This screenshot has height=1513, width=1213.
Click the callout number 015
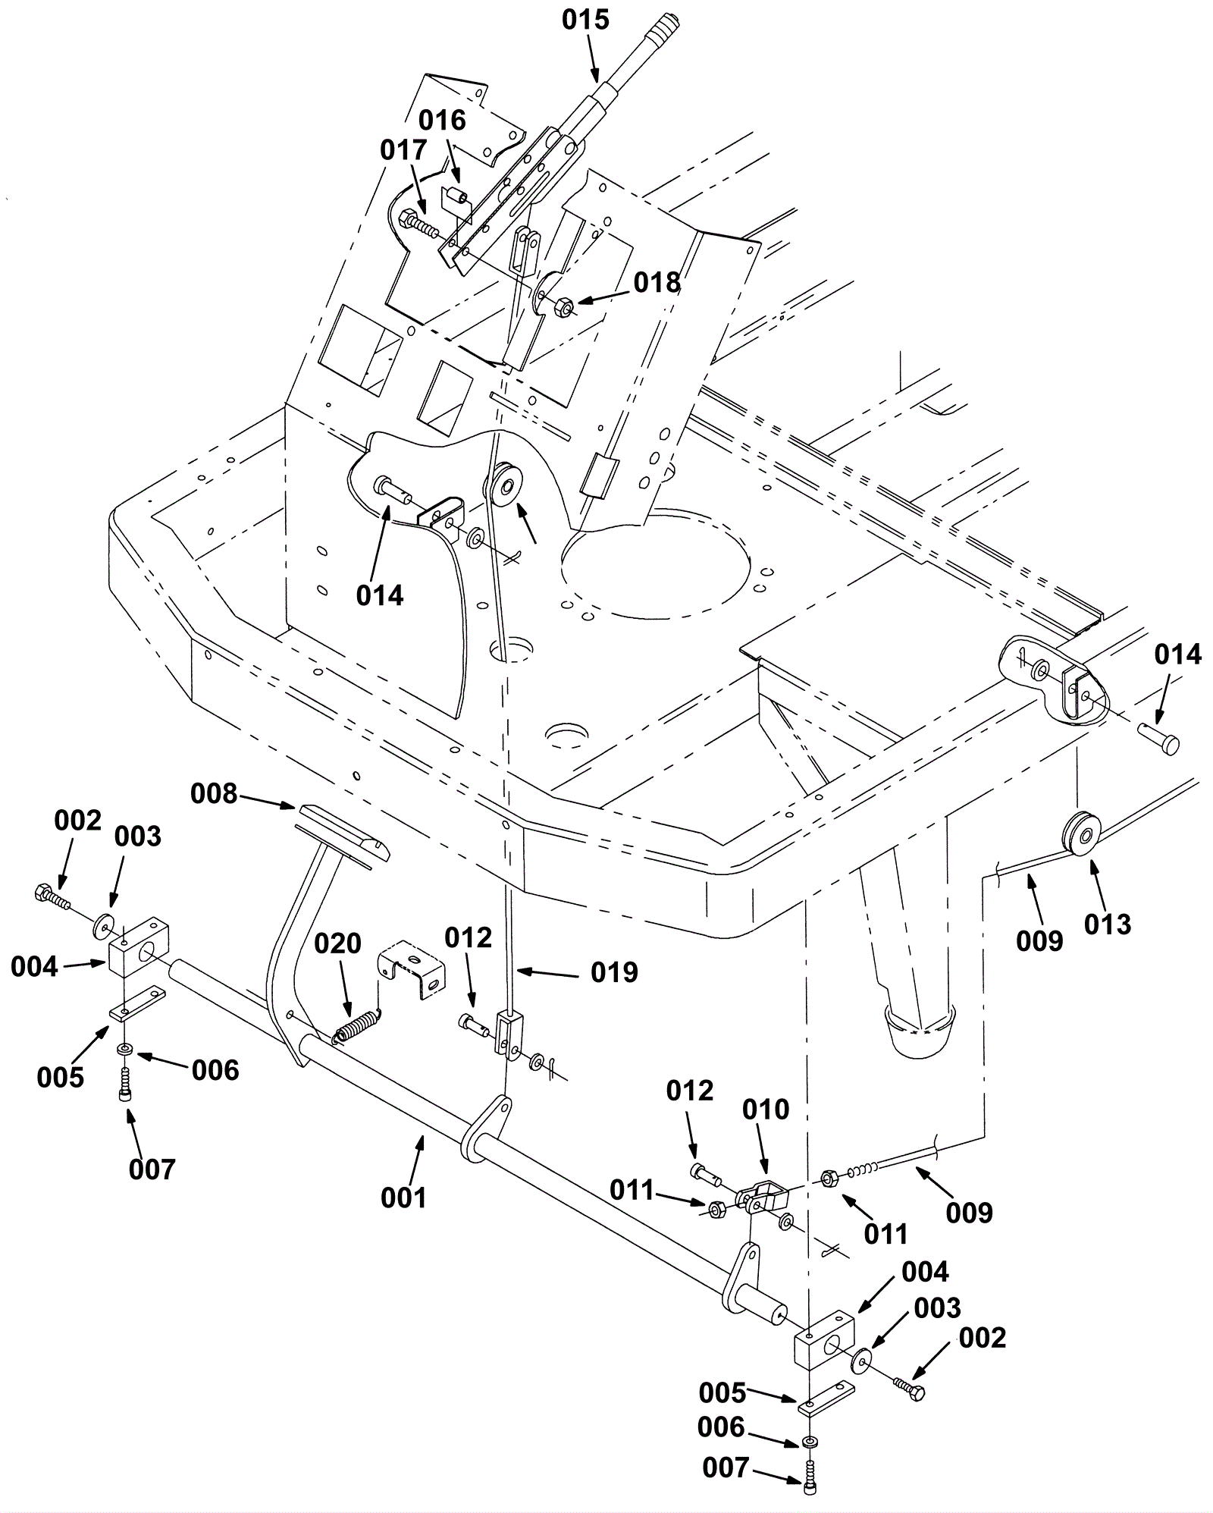pos(585,20)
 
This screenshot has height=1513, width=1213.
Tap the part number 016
pos(443,120)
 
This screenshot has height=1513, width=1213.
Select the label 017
pos(404,151)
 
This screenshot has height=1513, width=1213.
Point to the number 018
pos(657,283)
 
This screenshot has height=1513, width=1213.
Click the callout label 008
pos(214,794)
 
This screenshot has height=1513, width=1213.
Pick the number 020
pos(338,944)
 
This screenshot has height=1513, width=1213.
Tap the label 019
pos(615,972)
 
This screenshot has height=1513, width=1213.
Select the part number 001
pos(404,1198)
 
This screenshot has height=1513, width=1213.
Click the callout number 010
pos(766,1110)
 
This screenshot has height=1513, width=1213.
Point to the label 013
pos(1108,924)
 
